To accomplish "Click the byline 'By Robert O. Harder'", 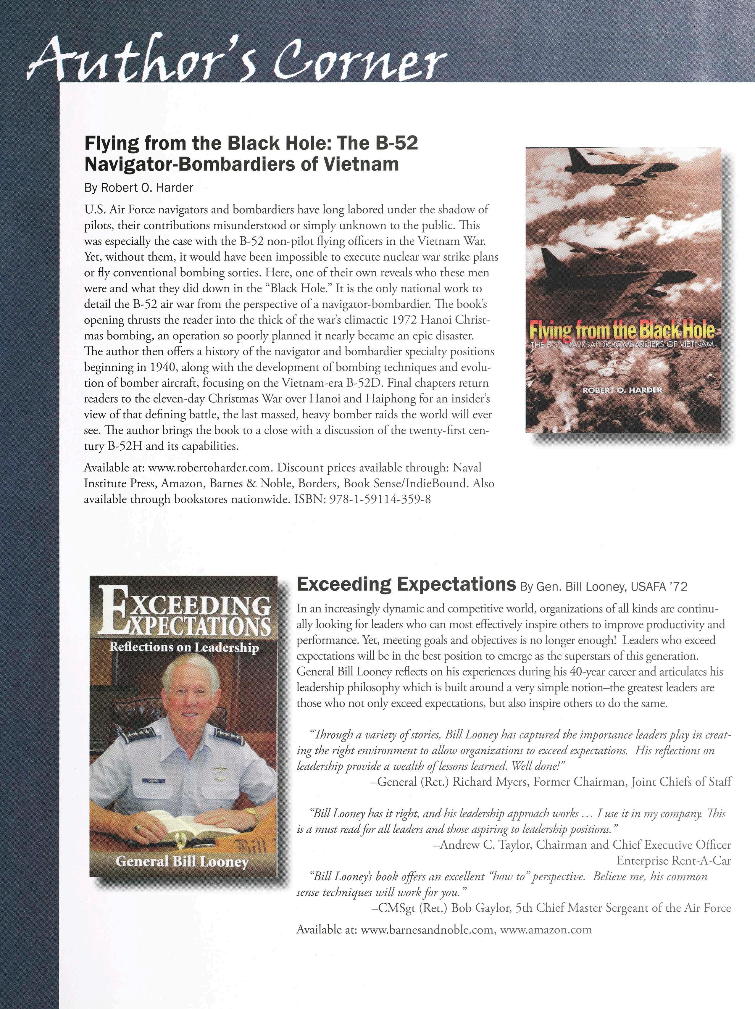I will point(139,188).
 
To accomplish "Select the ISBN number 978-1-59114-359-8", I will point(380,499).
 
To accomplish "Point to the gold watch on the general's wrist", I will point(252,813).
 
